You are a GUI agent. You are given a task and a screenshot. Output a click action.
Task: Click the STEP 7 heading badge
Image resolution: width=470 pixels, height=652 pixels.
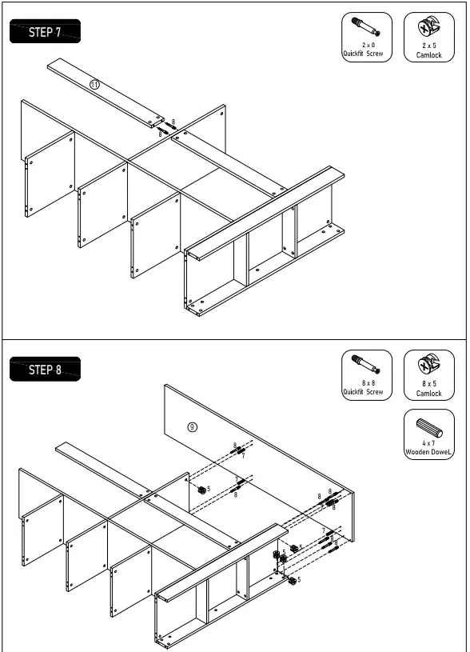click(44, 33)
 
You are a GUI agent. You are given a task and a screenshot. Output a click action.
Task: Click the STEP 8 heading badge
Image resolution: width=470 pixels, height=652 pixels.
click(44, 370)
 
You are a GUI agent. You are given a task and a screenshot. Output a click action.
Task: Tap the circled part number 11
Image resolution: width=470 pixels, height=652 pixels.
click(94, 85)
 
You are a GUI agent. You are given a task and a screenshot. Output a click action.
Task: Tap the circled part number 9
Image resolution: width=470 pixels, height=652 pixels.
click(192, 426)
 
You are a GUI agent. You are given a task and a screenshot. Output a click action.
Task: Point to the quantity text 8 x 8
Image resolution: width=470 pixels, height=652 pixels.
click(367, 383)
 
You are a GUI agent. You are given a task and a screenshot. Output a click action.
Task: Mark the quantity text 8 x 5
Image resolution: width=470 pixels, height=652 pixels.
click(428, 383)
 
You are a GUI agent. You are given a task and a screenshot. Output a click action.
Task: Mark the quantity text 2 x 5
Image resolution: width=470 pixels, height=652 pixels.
click(428, 46)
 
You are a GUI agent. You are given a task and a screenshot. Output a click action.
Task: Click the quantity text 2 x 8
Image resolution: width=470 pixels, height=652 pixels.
click(368, 46)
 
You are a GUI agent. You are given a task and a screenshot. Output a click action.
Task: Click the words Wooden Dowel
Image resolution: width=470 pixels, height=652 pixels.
click(428, 452)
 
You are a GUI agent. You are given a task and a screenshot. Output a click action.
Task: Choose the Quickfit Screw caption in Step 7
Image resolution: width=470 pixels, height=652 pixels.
click(363, 54)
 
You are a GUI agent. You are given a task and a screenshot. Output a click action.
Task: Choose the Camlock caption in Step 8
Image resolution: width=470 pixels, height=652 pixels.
click(428, 393)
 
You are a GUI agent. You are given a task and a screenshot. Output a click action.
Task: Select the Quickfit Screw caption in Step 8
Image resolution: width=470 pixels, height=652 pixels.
click(363, 392)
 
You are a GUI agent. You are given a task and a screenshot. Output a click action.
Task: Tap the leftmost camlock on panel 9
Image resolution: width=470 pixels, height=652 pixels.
click(200, 489)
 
